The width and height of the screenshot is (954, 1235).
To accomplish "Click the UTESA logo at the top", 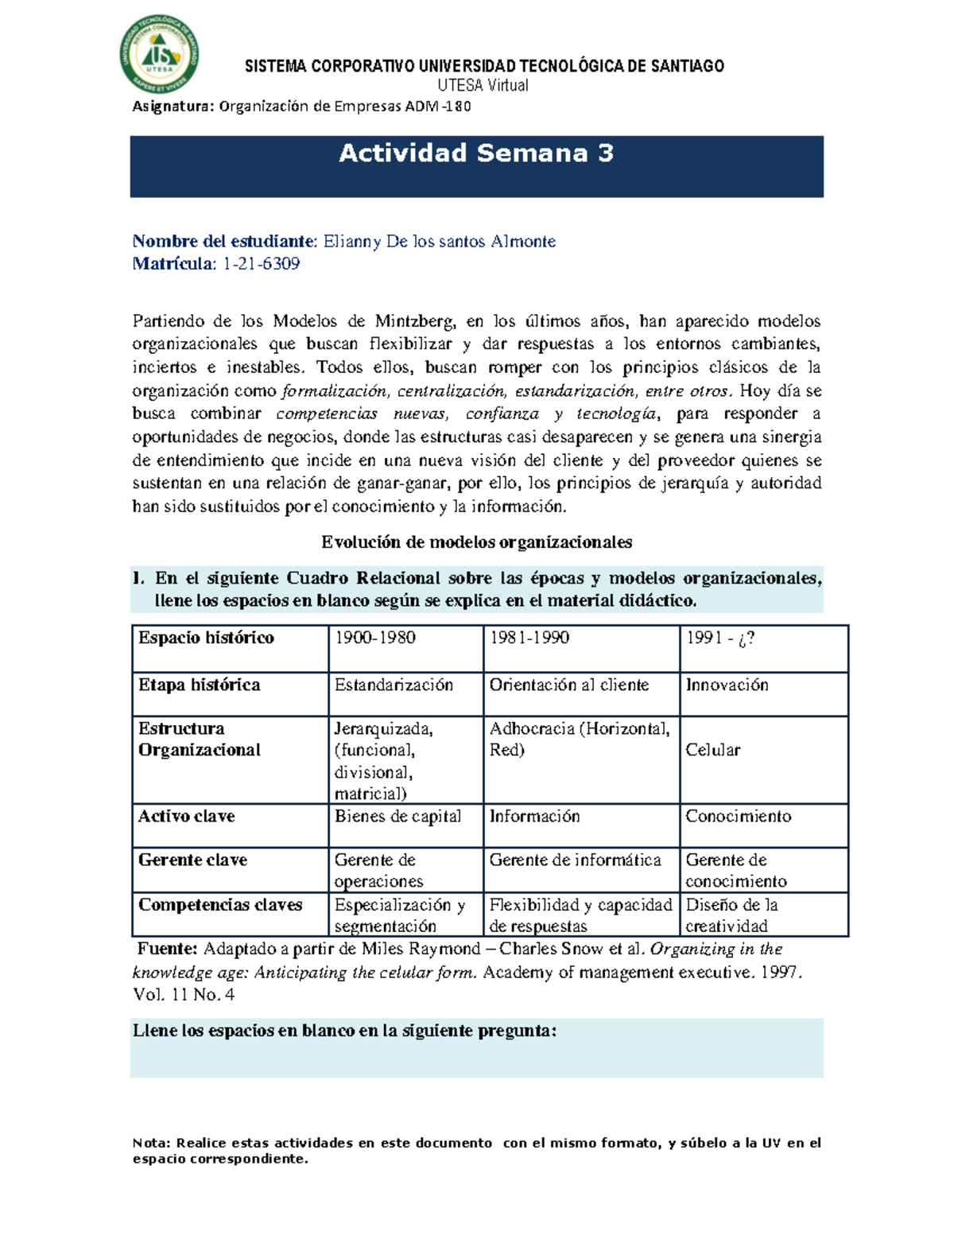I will [x=159, y=54].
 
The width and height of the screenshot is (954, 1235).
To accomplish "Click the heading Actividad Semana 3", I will [x=476, y=153].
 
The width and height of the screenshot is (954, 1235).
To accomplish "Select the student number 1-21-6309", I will [x=261, y=264].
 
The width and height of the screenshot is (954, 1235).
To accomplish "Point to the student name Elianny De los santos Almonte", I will [x=439, y=241].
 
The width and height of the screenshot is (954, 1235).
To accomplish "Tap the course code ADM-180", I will [x=438, y=107].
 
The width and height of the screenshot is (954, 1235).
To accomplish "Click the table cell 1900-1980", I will [x=375, y=638].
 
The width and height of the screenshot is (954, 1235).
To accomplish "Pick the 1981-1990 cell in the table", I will [x=529, y=638].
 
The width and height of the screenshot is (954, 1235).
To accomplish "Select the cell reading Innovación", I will [x=727, y=685].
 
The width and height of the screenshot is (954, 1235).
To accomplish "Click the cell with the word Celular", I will [x=713, y=750].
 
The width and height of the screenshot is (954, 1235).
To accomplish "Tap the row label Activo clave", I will [x=186, y=816].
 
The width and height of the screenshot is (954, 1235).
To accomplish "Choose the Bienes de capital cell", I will [x=397, y=816].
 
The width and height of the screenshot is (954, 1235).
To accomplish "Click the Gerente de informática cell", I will [x=575, y=860].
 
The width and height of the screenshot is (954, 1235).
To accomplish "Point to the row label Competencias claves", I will [x=220, y=904].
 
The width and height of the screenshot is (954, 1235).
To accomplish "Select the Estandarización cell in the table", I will [x=394, y=685].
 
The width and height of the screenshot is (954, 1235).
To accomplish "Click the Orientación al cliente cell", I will [x=569, y=685].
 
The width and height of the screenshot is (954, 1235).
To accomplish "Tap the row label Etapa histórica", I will [x=199, y=685].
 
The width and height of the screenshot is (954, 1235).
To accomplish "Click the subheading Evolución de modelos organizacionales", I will [x=476, y=542].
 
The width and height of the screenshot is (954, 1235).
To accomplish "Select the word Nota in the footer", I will [x=151, y=1143].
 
